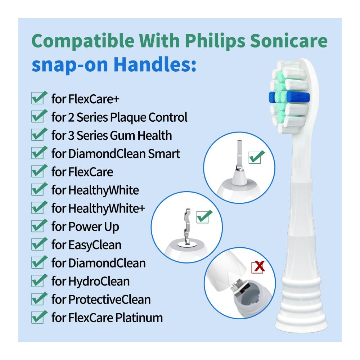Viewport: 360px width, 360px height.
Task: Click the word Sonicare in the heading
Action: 288,41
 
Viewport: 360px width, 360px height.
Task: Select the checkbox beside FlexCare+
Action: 39,98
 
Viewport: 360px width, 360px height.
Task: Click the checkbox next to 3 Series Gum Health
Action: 39,134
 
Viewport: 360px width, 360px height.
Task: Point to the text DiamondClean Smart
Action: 124,153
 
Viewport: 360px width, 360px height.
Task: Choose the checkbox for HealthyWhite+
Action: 39,207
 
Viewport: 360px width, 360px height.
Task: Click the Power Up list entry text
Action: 94,227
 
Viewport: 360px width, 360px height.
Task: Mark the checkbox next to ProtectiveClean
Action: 39,298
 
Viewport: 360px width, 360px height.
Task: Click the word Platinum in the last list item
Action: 139,318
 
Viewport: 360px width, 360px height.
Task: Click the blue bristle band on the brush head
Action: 289,97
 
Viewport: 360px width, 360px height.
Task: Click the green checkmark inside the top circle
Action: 257,157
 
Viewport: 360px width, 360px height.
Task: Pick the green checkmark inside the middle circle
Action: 204,216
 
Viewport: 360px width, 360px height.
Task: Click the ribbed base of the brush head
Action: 301,303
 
